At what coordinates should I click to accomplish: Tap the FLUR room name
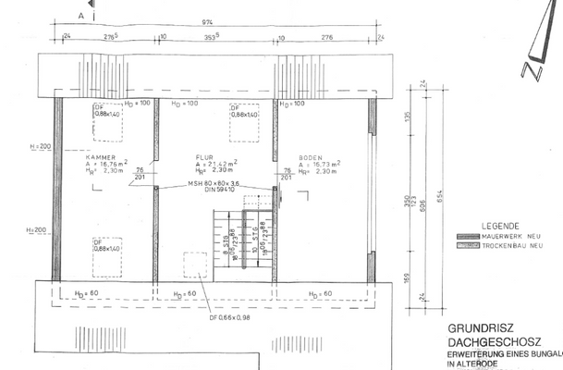point(204,158)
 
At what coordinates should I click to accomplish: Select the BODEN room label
point(310,158)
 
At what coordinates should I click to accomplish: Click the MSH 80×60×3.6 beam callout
point(214,184)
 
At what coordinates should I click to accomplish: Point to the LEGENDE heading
point(498,227)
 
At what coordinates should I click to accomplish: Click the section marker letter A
point(80,17)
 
